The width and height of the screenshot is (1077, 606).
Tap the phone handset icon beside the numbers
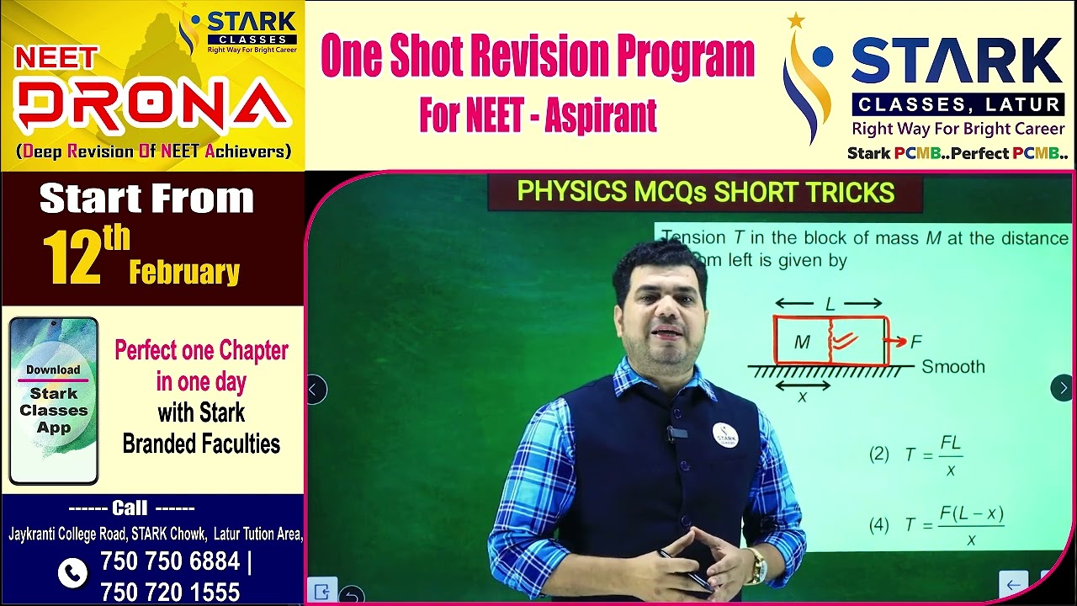(72, 573)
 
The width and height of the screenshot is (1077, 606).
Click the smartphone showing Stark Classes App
(54, 401)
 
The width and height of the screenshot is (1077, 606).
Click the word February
(184, 272)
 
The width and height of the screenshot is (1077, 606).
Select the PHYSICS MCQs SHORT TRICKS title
(705, 192)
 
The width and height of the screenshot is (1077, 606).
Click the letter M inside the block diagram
(802, 342)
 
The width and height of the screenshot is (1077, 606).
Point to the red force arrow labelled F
(896, 341)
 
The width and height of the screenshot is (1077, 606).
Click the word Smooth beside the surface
(952, 367)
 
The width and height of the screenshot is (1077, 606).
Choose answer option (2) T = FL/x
(916, 455)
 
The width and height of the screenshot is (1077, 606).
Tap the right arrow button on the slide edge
(1063, 388)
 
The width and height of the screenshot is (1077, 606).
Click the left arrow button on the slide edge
(316, 390)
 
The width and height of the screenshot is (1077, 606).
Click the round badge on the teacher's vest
(725, 435)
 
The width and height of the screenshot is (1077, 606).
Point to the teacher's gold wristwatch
(757, 565)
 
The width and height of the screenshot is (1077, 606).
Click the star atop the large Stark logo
(796, 21)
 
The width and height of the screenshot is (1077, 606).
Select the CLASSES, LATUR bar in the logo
(958, 105)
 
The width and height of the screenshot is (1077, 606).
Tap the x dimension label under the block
(802, 396)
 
